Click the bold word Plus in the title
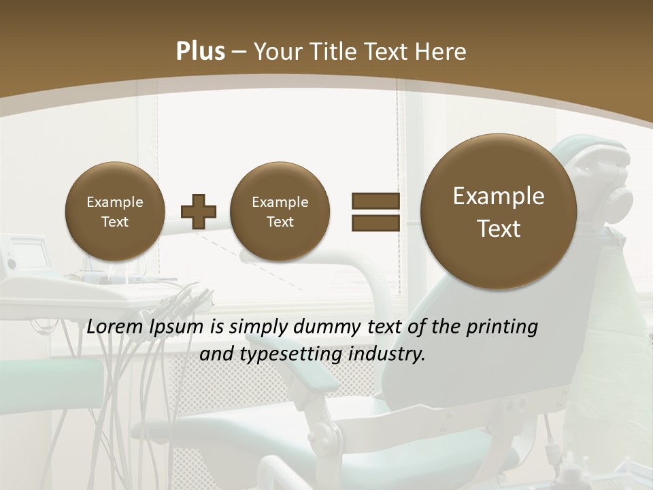[200, 52]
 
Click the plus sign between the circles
[199, 212]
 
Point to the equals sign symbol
[375, 212]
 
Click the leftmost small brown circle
[114, 212]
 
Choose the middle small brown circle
[280, 212]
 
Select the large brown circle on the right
[499, 212]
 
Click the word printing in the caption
[502, 327]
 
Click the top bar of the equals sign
[375, 201]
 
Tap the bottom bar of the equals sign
[375, 223]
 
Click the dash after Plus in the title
[239, 52]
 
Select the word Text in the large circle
[499, 229]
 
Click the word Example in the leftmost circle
[114, 202]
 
